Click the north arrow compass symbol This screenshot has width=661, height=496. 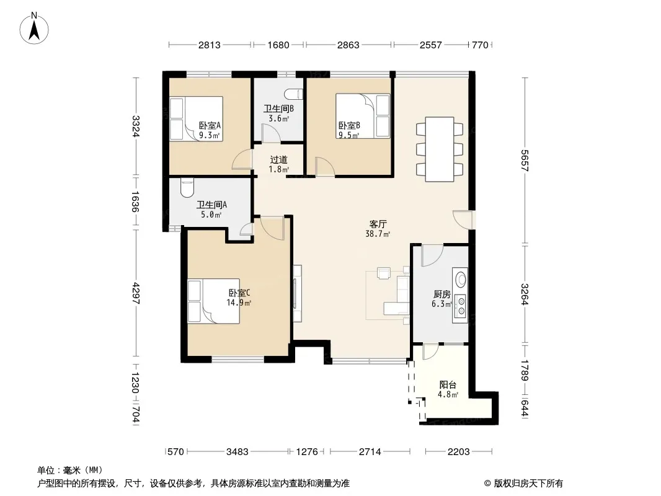point(34,29)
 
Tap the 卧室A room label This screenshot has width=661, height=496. point(210,125)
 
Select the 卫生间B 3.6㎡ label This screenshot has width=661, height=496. point(278,113)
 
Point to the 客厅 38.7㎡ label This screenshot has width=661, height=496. point(378,228)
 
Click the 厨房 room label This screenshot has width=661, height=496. point(441,294)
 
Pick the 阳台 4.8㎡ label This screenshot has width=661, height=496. point(448,389)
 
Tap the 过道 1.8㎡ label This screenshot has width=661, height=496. point(278,164)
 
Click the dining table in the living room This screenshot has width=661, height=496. point(439,149)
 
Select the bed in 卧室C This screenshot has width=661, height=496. point(214,301)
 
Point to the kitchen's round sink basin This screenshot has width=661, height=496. point(461,279)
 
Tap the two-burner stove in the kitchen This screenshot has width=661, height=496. point(461,306)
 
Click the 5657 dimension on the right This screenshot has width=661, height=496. point(525,161)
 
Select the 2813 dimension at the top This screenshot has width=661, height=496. point(210,45)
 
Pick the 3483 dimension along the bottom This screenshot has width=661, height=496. point(237,452)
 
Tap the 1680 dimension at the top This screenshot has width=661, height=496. point(278,45)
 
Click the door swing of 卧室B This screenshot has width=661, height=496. point(325,166)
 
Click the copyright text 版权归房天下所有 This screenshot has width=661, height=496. point(528,484)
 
